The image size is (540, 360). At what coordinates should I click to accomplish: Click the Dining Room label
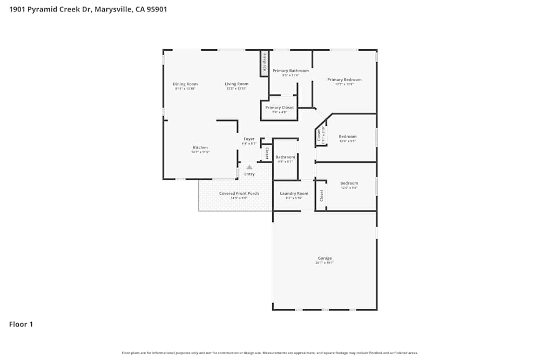pos(185,84)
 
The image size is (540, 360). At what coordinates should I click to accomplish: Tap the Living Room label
pos(237,84)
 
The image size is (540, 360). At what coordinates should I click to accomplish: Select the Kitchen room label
pos(200,147)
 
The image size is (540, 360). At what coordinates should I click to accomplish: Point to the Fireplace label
pos(264,63)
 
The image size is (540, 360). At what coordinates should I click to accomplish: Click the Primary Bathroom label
pos(291,71)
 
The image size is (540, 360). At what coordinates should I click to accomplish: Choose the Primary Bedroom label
pos(344,80)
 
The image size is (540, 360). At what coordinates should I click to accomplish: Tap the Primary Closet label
pos(279,107)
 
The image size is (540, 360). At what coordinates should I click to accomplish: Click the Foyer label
pos(249,139)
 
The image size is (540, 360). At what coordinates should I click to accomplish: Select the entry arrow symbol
pos(249,167)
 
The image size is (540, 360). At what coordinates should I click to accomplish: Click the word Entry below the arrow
pos(249,174)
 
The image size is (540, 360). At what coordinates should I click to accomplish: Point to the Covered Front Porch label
pos(239,193)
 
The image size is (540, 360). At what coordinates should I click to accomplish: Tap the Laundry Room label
pos(294,193)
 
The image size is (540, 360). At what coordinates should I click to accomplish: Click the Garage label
pos(325,258)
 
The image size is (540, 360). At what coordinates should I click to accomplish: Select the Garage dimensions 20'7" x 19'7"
pos(325,263)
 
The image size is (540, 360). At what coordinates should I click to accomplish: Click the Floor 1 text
pos(21,324)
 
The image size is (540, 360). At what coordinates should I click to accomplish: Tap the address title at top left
pos(88,9)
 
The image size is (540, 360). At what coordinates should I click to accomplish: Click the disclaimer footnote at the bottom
pos(270,353)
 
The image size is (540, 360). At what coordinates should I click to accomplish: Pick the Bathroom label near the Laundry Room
pos(285,157)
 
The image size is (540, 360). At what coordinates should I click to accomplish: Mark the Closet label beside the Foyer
pos(267,153)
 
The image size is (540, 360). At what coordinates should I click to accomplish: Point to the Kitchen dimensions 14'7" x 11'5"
pos(200,152)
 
